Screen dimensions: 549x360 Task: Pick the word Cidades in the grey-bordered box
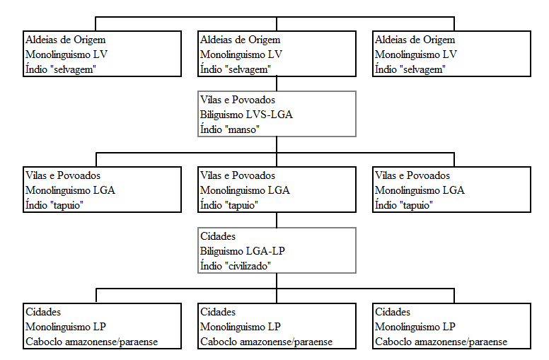[218, 236]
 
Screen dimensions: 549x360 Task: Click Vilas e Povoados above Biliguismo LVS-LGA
[238, 100]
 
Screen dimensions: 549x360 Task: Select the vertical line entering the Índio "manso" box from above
[277, 83]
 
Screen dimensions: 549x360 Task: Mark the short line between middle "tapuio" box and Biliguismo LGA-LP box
[277, 220]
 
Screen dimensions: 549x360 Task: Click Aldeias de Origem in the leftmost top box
[66, 40]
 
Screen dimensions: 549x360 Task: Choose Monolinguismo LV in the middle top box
[241, 54]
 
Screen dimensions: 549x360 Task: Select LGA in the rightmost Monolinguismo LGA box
[453, 190]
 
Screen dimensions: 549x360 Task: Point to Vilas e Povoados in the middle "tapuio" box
[238, 175]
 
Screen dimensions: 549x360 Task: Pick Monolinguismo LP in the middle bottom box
[241, 327]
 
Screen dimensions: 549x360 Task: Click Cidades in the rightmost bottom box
[393, 312]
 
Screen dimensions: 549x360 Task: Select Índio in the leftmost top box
[36, 69]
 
